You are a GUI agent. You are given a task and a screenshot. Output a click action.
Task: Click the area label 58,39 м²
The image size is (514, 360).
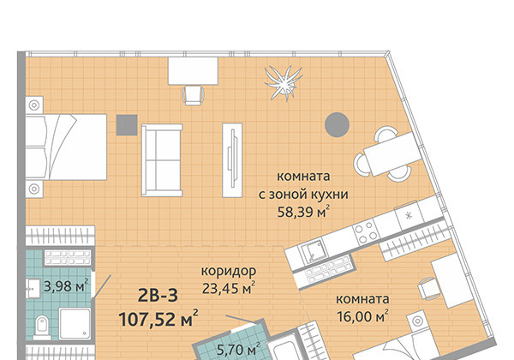(x=303, y=212)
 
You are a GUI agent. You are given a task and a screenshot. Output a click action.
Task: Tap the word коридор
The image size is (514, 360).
(x=229, y=271)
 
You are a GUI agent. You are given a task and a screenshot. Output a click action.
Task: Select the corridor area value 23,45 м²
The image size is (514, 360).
(x=229, y=288)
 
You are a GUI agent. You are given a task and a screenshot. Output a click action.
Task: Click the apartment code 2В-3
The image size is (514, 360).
(x=158, y=296)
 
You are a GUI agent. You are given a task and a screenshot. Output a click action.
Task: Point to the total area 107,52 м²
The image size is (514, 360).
(x=158, y=319)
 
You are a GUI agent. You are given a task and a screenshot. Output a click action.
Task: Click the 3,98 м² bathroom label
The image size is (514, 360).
(x=66, y=286)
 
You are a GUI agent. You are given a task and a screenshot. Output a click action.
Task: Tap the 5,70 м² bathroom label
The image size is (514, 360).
(x=238, y=350)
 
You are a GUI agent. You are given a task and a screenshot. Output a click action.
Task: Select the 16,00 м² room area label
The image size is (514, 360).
(x=362, y=316)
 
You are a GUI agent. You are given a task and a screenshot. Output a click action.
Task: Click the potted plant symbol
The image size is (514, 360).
(x=284, y=83)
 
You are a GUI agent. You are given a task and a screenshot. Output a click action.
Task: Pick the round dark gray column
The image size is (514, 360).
(x=337, y=124)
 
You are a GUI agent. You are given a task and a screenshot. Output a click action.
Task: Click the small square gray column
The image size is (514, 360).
(x=127, y=125)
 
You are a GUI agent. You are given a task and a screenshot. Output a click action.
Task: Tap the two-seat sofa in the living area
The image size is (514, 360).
(x=162, y=160)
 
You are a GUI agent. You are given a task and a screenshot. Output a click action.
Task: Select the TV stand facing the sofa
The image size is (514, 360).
(x=232, y=160)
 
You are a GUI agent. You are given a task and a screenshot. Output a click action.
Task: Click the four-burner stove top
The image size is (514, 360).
(x=365, y=231)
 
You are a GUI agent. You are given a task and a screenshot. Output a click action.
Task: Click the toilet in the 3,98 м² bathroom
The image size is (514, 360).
(x=42, y=327)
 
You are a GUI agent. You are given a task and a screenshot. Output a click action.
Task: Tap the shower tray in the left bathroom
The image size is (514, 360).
(x=75, y=324)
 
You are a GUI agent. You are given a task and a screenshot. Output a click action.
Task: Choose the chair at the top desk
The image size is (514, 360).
(x=194, y=95)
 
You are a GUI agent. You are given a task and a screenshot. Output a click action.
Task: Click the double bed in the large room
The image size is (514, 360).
(x=66, y=147)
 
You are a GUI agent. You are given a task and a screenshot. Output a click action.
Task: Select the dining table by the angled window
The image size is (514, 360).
(x=392, y=154)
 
